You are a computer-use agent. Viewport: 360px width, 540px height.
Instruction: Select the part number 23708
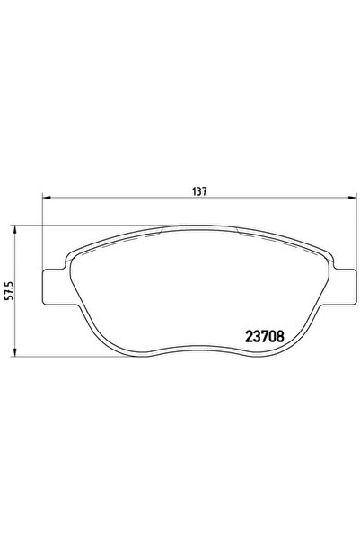tap(267, 338)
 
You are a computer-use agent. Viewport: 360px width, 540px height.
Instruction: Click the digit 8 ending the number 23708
tap(284, 338)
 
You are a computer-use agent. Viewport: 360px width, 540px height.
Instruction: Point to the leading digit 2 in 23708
tap(249, 338)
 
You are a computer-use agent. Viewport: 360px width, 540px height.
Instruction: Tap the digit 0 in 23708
tap(275, 338)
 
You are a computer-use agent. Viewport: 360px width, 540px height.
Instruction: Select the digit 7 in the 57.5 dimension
tap(9, 296)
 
